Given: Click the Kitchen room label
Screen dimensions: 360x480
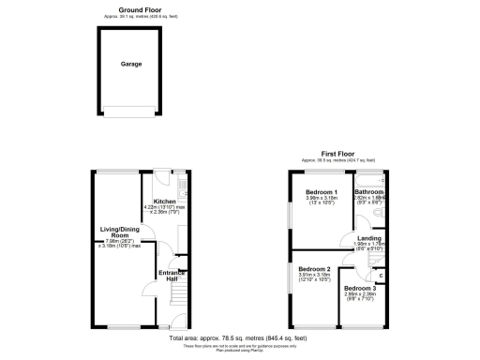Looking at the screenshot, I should click(x=164, y=201).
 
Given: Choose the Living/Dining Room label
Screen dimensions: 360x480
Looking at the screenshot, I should click(x=119, y=232).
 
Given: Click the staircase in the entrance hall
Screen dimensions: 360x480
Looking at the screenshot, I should click(x=172, y=299).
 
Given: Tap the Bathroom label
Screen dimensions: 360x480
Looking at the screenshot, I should click(x=368, y=191).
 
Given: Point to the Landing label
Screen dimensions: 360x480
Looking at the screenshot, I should click(x=368, y=239).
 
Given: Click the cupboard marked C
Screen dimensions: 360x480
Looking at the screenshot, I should click(x=379, y=274).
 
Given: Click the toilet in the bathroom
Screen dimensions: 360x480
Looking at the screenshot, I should click(x=378, y=214).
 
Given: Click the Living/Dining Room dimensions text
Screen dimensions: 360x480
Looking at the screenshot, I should click(x=121, y=244).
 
